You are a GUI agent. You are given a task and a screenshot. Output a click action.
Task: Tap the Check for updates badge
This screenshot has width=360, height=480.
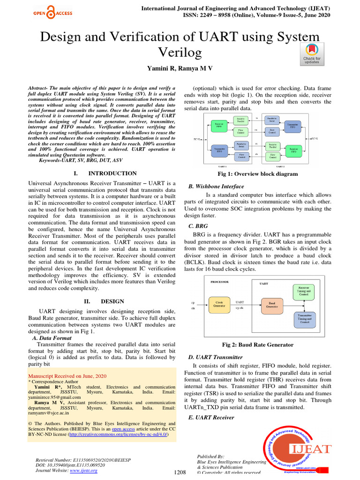311,54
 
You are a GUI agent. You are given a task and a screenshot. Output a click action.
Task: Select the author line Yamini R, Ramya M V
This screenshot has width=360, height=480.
180,68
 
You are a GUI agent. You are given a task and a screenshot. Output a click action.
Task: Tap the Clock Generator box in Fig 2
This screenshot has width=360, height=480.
219,304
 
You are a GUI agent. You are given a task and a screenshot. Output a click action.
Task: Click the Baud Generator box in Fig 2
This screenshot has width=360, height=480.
272,304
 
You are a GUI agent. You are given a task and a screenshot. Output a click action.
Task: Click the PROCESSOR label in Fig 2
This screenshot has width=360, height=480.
220,282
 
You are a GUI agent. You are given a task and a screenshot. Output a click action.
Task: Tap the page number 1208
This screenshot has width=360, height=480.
180,473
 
